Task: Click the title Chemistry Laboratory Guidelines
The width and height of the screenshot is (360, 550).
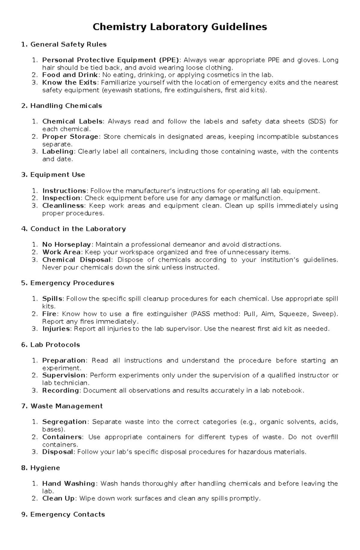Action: pos(180,27)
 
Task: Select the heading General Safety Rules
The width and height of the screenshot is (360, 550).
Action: pos(64,44)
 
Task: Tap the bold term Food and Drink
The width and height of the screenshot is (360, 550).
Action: pos(70,75)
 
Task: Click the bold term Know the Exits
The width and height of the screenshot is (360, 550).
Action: pos(69,82)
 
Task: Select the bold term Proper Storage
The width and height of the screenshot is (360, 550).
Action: pos(70,137)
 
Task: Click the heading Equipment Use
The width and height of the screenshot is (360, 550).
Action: pos(53,175)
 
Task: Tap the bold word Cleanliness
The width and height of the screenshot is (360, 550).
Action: pos(63,206)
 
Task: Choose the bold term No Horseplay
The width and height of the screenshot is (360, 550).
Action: pos(67,245)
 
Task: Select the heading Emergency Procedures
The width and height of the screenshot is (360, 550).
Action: pos(68,283)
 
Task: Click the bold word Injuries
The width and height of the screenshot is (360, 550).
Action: pos(56,329)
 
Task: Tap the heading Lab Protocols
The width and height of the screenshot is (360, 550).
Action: pos(51,345)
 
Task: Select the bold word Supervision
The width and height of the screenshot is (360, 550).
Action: pos(64,375)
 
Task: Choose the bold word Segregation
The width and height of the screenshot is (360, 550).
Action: pos(64,422)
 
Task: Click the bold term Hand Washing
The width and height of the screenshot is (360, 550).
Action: pos(69,483)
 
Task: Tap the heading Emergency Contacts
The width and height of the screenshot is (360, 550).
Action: pos(63,514)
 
